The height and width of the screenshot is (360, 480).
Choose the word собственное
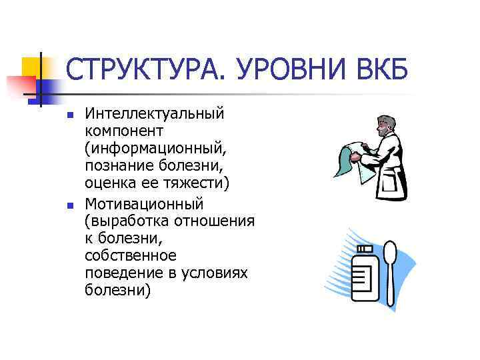click(131, 255)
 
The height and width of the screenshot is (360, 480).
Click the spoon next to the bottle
click(391, 267)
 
